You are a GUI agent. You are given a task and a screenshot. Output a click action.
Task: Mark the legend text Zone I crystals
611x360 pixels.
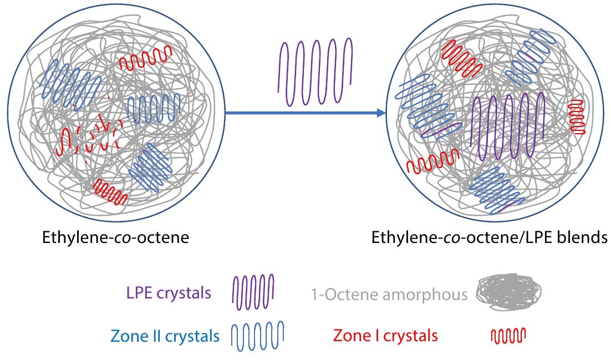tap(385, 336)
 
